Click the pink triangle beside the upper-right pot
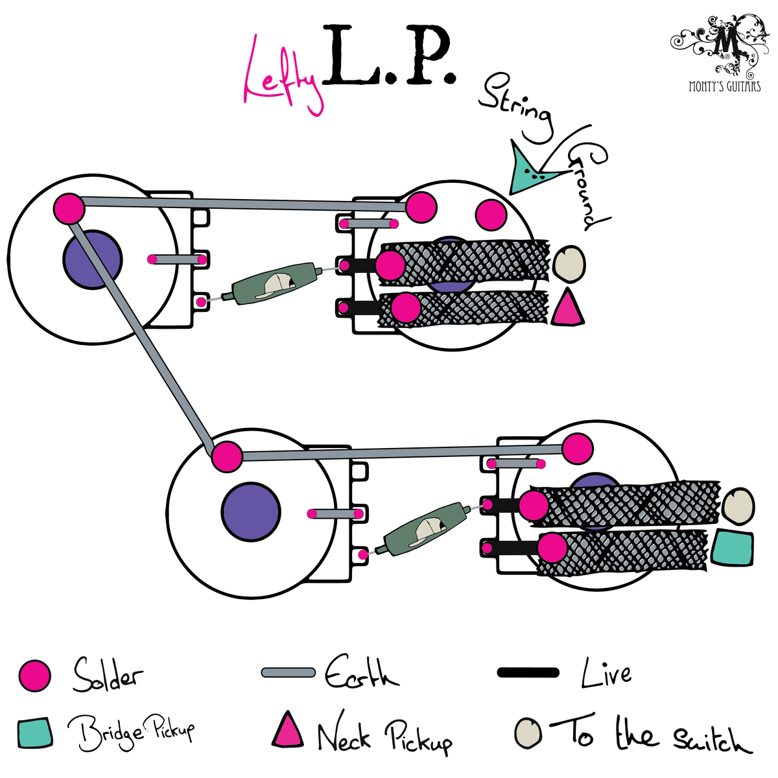coord(567,308)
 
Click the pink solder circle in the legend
coord(34,676)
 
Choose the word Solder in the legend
coord(107,676)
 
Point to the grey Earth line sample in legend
coord(288,672)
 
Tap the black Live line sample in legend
coord(528,672)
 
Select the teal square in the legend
coord(36,732)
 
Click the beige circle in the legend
coord(528,732)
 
